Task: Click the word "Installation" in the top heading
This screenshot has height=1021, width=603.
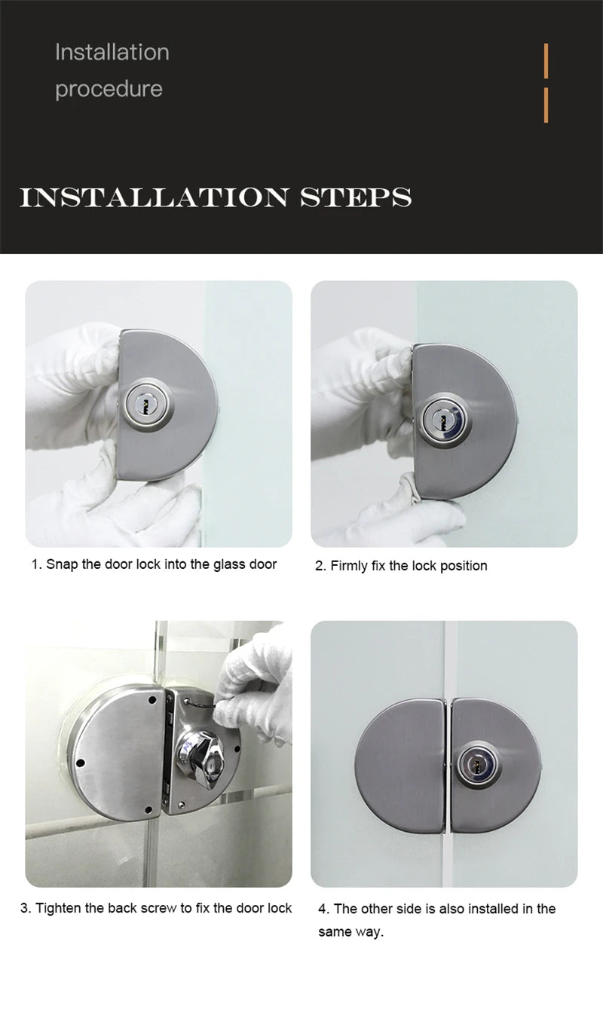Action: point(112,52)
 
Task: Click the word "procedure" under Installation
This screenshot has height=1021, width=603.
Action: point(109,89)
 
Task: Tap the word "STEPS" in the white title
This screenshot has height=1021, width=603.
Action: point(355,197)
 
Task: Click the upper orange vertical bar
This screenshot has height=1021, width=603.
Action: point(546,60)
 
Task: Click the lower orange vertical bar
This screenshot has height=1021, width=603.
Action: point(546,105)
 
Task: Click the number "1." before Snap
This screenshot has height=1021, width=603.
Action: point(36,564)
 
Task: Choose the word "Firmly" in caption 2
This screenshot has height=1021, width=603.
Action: point(350,566)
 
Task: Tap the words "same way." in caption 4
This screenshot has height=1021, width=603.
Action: point(350,932)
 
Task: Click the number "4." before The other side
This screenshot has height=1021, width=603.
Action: point(323,909)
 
